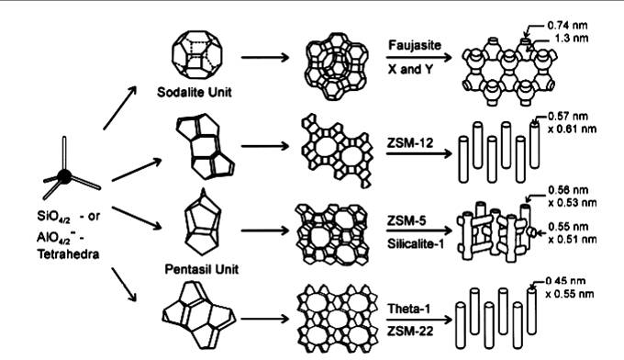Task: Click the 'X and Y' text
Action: (x=409, y=66)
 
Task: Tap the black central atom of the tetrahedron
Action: (x=66, y=175)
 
